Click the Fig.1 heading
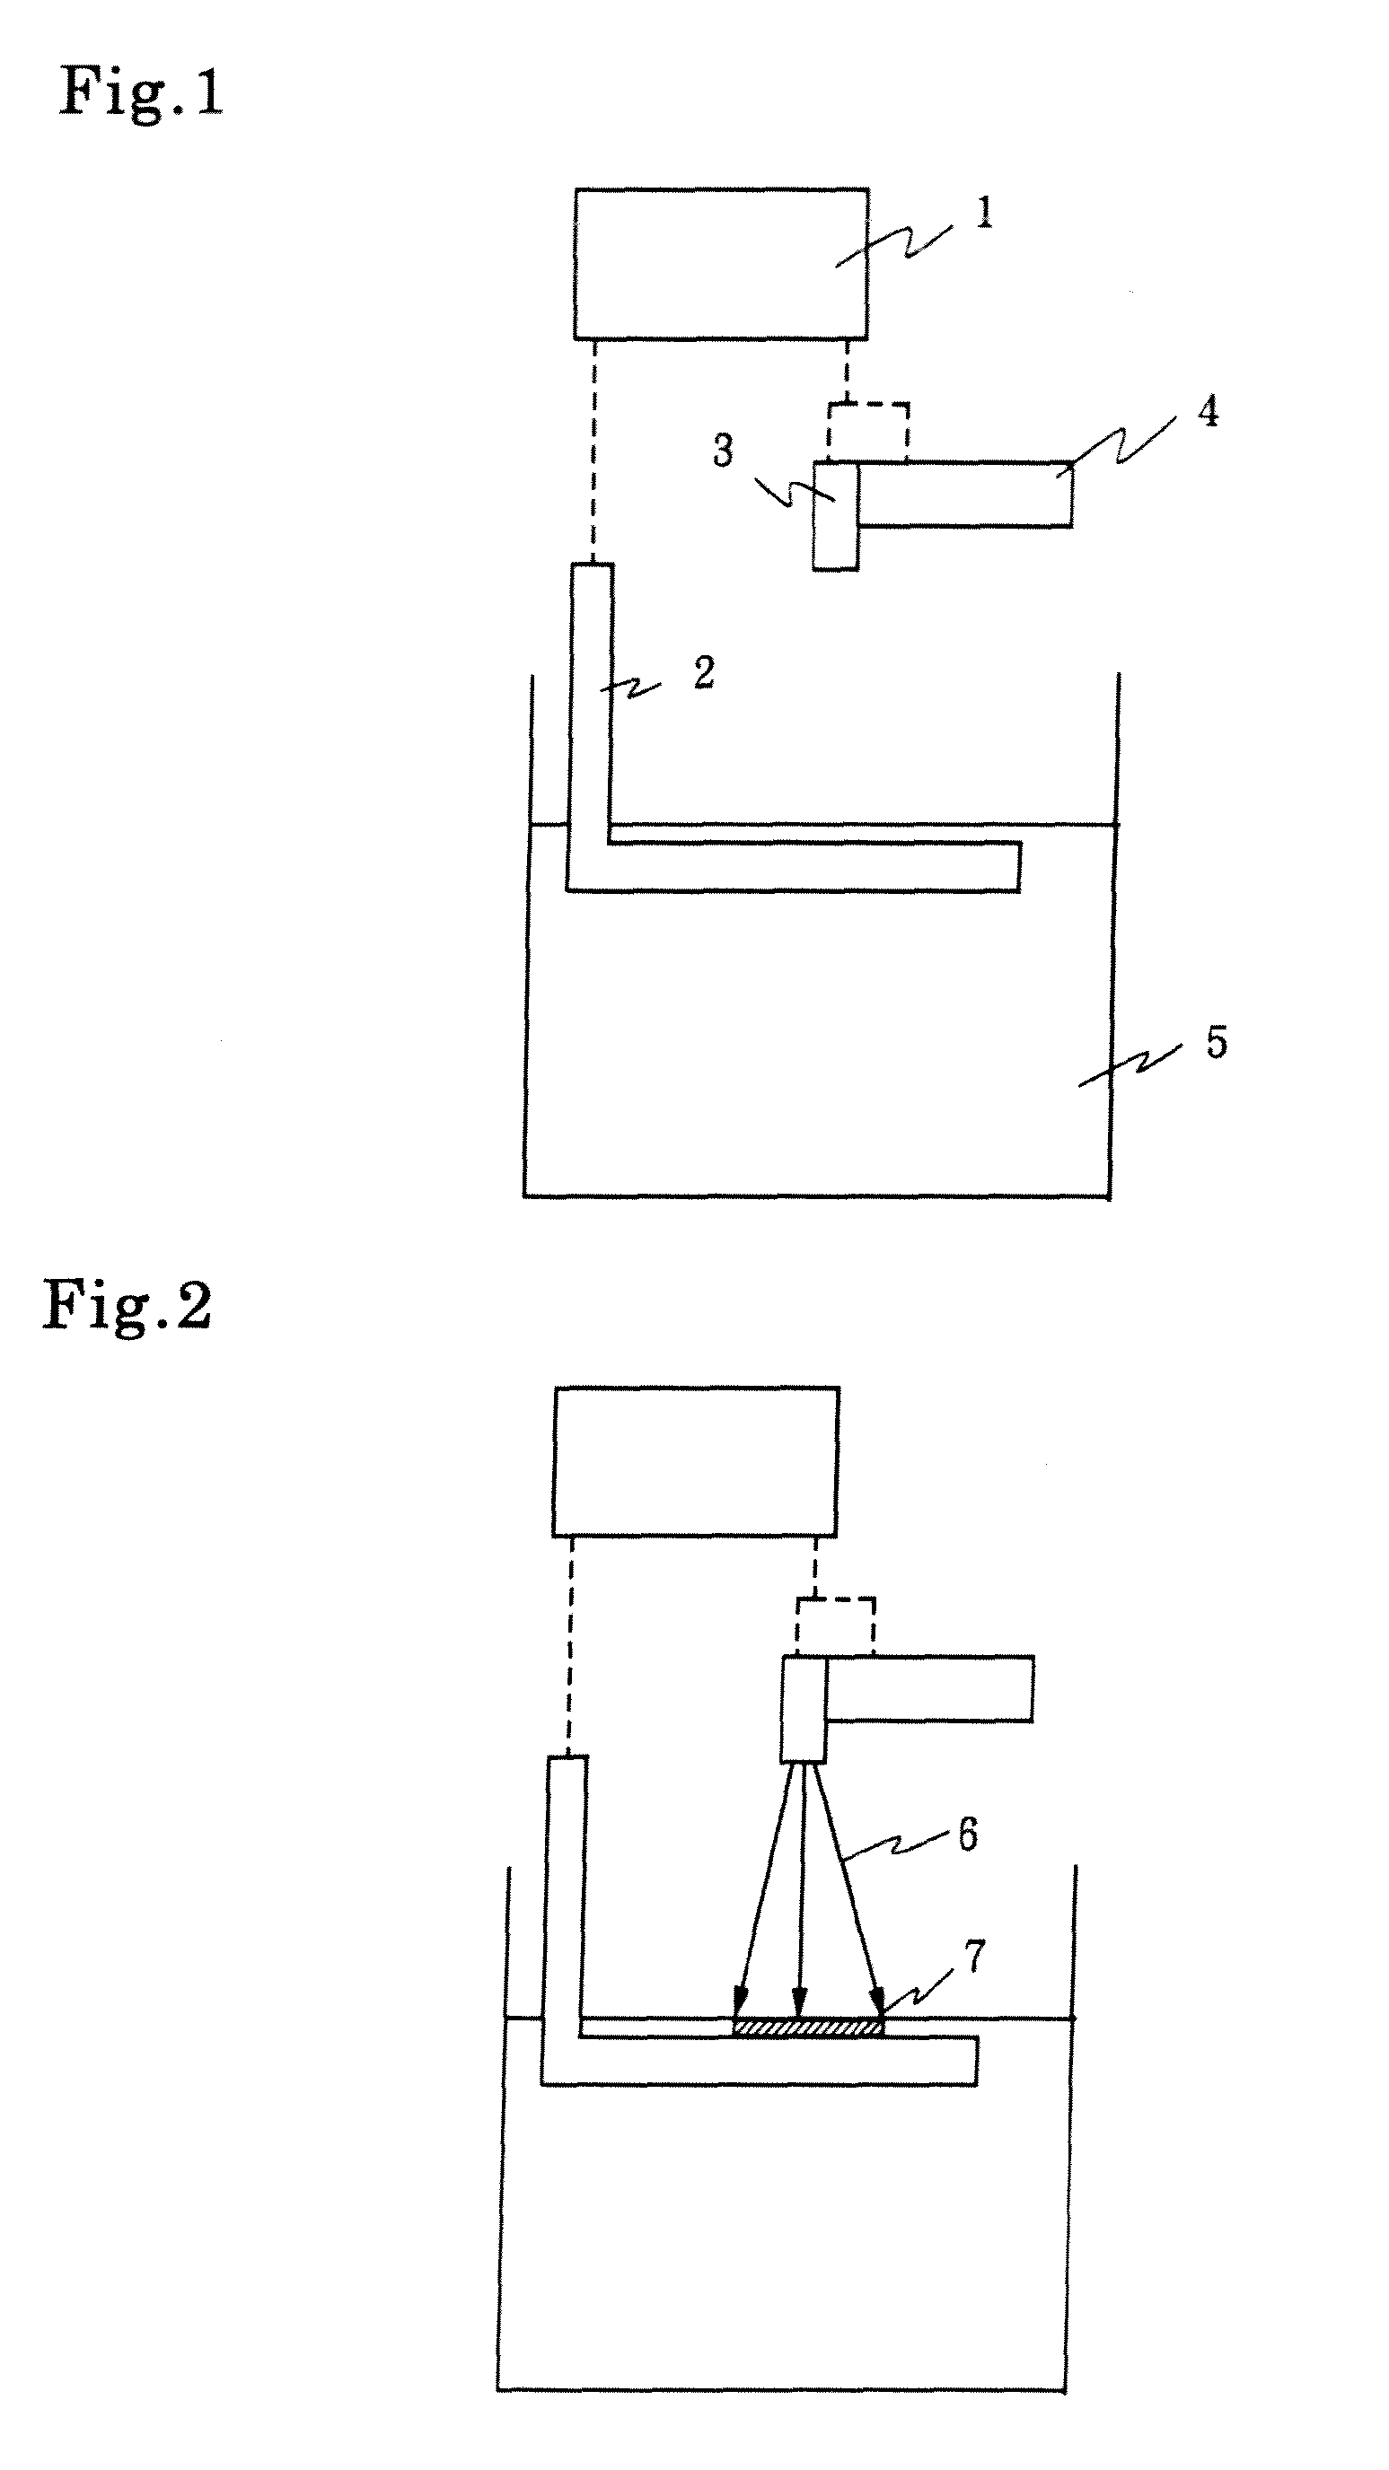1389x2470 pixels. (142, 93)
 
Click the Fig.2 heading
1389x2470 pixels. (127, 1305)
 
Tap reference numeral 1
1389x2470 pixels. (984, 213)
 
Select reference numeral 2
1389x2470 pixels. (703, 673)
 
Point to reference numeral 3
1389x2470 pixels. (724, 450)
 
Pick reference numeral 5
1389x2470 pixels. (1217, 1042)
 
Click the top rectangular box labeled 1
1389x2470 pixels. (721, 264)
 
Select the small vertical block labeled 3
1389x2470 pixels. (836, 516)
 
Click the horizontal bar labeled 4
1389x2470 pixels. (965, 495)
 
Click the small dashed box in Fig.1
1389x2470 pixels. (868, 433)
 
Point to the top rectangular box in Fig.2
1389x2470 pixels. (696, 1461)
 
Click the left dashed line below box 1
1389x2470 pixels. (594, 451)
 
